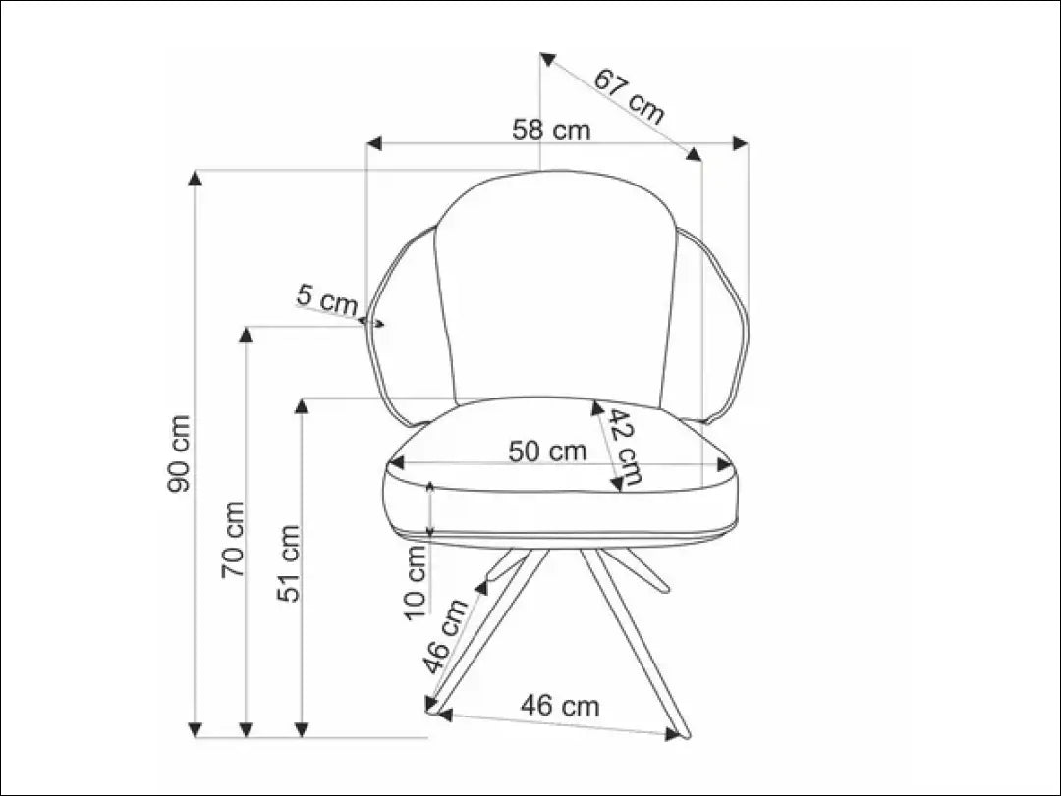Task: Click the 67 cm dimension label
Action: click(x=630, y=95)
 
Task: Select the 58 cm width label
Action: click(x=551, y=130)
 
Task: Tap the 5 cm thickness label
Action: click(x=327, y=299)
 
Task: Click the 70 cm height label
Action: click(x=233, y=539)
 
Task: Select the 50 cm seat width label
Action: click(x=547, y=451)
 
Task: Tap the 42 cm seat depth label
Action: click(x=623, y=447)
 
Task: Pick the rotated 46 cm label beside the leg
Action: click(x=446, y=635)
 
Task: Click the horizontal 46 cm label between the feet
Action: click(x=559, y=705)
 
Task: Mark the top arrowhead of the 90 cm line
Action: click(x=195, y=178)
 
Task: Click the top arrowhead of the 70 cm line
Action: click(x=247, y=334)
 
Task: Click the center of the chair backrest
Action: click(x=555, y=290)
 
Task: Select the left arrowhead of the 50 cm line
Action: click(x=397, y=463)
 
